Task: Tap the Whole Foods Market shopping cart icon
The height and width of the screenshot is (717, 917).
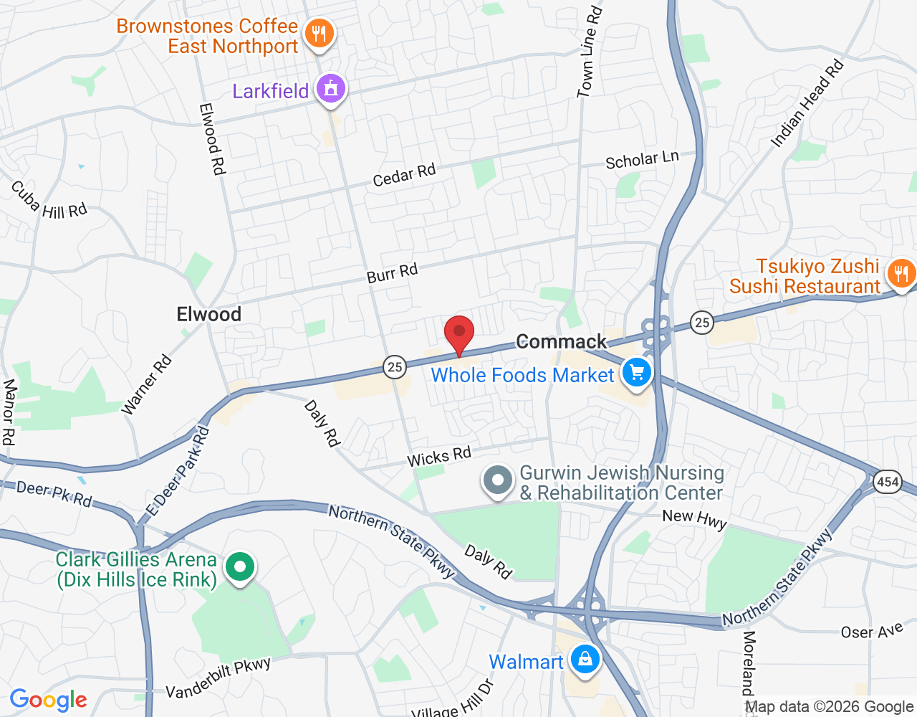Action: click(636, 373)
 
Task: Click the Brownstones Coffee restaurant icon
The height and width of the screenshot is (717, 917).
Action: click(319, 34)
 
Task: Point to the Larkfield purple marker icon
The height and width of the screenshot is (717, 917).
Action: click(330, 89)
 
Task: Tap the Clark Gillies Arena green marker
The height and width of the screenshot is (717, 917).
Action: click(240, 567)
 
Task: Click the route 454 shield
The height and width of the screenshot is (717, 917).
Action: click(888, 482)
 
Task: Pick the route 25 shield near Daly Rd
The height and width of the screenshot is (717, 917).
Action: click(394, 367)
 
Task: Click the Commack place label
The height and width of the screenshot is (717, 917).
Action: click(561, 342)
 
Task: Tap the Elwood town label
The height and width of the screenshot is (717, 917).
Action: click(208, 314)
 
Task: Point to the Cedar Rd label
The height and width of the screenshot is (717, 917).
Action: click(404, 176)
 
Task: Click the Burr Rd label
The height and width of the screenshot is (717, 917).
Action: click(392, 273)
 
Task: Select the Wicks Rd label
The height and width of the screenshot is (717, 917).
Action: click(439, 457)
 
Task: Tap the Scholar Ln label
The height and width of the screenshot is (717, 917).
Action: click(642, 161)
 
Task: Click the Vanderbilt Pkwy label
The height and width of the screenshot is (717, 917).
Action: click(218, 678)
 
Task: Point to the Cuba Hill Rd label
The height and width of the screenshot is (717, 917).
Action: click(48, 201)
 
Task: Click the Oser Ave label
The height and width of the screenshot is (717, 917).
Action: click(872, 632)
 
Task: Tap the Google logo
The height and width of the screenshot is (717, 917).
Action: click(49, 700)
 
